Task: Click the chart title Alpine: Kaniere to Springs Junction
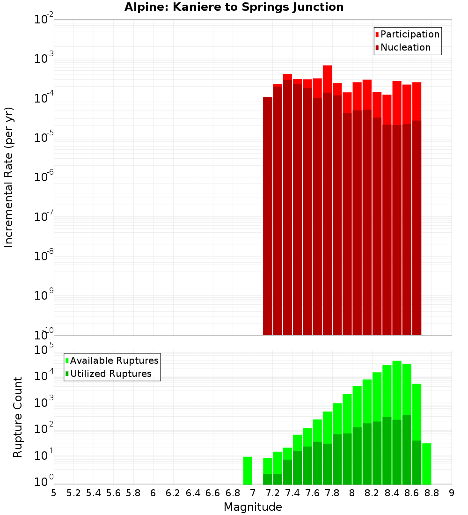234,7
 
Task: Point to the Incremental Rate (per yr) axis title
9,177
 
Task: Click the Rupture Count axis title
18,417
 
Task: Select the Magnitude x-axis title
253,507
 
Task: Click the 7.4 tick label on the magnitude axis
292,493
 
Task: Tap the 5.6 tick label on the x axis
113,493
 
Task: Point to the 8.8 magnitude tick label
431,493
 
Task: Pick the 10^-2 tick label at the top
44,20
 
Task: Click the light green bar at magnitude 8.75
426,463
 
